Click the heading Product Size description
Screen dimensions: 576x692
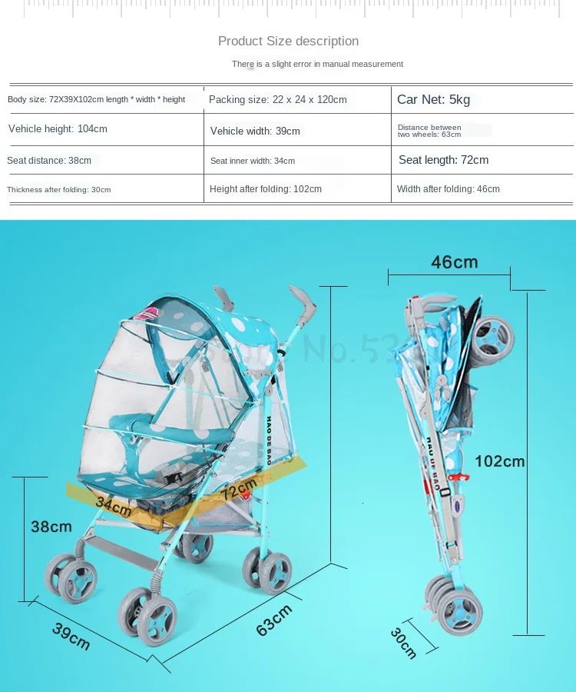tap(288, 41)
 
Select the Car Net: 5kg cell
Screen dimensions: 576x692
tap(433, 99)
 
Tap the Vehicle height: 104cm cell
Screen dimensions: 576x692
tap(58, 128)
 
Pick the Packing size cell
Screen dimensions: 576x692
tap(277, 99)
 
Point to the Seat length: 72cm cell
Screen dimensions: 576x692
tap(443, 160)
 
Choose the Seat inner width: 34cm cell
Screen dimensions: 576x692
tap(252, 161)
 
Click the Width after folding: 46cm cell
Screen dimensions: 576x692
tap(448, 189)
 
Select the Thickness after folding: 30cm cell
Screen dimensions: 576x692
tap(58, 190)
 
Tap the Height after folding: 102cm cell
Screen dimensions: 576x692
tap(265, 189)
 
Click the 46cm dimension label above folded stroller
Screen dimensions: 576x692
tap(454, 262)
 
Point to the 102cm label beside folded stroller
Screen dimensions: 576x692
tap(499, 461)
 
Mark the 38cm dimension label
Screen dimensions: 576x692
tap(51, 527)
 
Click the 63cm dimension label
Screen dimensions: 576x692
tap(274, 620)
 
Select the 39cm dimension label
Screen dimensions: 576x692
tap(71, 635)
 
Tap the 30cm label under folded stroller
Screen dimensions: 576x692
tap(403, 643)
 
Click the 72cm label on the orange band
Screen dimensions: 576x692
tap(238, 487)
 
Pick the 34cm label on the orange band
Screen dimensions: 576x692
tap(114, 505)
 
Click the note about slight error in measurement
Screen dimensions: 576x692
tap(317, 64)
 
